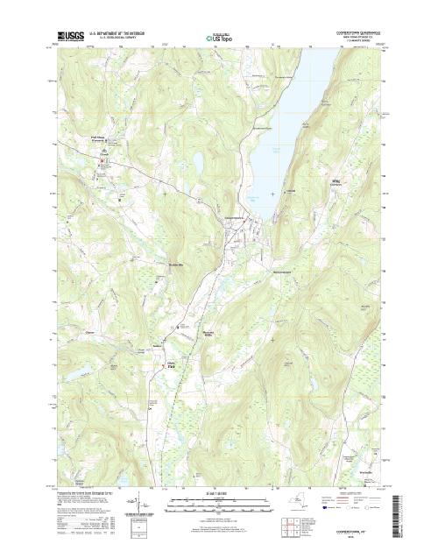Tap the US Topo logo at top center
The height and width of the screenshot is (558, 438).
point(219,39)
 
